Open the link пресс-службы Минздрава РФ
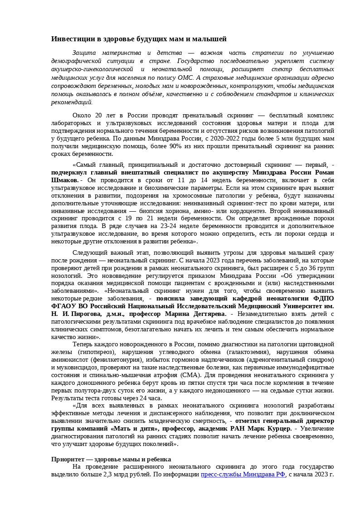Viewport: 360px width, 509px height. click(x=243, y=475)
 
